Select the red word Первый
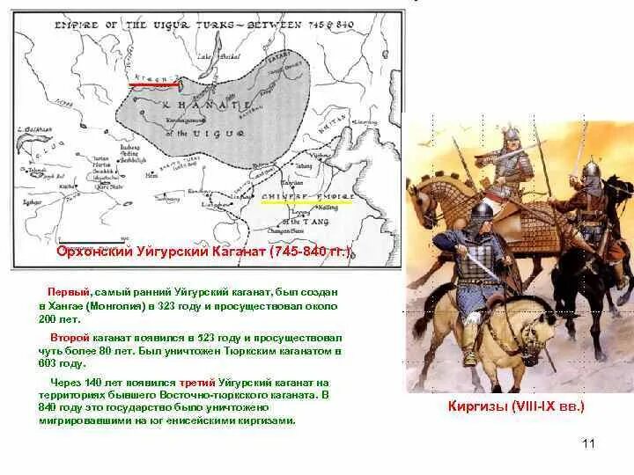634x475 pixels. tap(67, 290)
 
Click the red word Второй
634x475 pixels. tap(68, 338)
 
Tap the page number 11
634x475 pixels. tap(589, 443)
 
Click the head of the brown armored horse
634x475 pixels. tap(421, 202)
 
